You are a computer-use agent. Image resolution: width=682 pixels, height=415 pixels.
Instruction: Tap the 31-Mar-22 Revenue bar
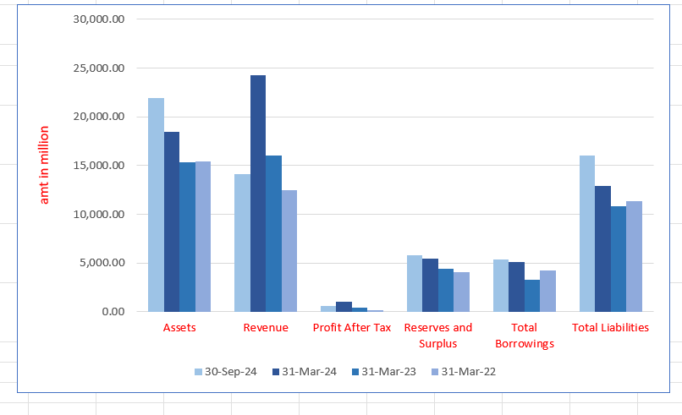tap(289, 251)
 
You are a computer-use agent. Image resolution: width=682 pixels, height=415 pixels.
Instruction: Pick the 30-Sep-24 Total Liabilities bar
tap(586, 233)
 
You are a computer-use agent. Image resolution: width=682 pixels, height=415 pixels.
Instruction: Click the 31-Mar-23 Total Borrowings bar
tap(532, 296)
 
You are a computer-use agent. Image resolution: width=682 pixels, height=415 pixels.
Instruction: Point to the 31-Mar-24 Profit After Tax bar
tap(344, 307)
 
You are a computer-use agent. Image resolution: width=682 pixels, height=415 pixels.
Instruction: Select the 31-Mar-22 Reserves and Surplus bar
tap(461, 292)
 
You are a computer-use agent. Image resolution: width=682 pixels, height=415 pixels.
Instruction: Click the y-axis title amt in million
tap(45, 165)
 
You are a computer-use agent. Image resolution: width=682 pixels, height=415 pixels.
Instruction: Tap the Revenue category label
tap(265, 328)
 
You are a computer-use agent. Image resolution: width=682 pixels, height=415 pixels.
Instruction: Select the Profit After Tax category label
tap(352, 328)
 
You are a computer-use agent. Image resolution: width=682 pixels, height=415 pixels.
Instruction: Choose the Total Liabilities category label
tap(610, 328)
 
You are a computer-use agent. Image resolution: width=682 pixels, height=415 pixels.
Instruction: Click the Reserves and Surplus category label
tap(438, 336)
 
